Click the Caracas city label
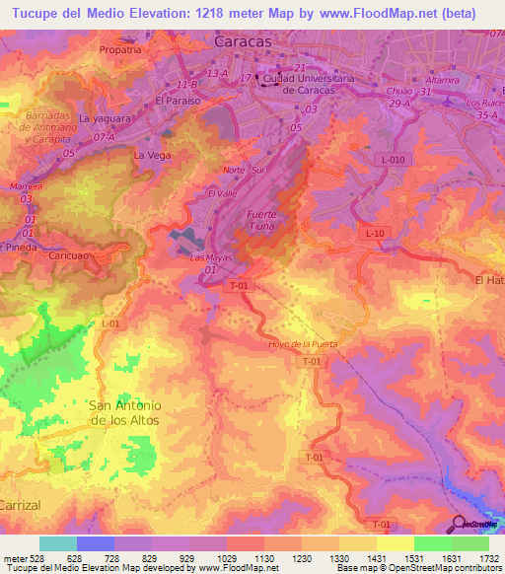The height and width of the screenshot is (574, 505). (x=243, y=43)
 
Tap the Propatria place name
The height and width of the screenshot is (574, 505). (x=120, y=47)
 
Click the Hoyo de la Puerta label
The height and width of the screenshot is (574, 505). (x=303, y=343)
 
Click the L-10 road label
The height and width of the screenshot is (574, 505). (x=372, y=233)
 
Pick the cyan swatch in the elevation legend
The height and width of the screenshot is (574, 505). (x=57, y=543)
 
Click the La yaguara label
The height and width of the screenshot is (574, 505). (x=103, y=117)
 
